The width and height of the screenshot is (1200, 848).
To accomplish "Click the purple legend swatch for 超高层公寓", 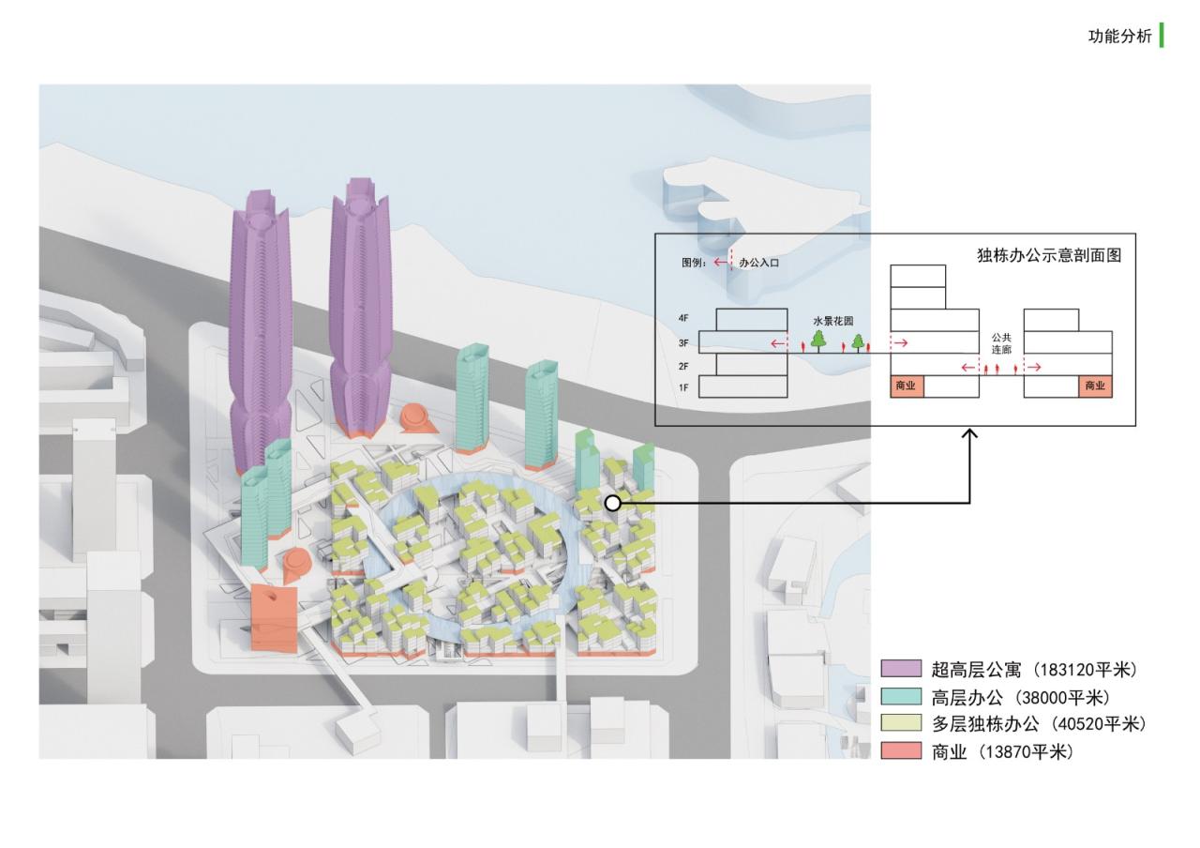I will [x=901, y=670].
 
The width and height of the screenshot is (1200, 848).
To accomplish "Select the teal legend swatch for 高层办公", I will [x=901, y=697].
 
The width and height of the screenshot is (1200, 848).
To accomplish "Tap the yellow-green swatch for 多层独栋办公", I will [x=901, y=724].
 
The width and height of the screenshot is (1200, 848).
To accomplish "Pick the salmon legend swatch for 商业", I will [x=901, y=751].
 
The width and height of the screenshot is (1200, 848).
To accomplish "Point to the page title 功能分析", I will [x=1119, y=38].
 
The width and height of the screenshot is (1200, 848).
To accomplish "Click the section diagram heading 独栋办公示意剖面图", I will [x=1049, y=255].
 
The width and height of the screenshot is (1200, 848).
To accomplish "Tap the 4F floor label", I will [x=683, y=319].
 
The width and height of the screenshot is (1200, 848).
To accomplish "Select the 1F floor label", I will [x=683, y=387].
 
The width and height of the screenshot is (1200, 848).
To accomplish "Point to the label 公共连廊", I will [x=1002, y=342].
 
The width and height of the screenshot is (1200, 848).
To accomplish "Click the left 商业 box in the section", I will [x=907, y=386].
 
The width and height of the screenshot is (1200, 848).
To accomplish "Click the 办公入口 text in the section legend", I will [x=758, y=264].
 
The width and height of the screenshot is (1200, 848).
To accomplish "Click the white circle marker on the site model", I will [x=612, y=504].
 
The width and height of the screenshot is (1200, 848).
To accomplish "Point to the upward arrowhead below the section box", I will [x=970, y=435].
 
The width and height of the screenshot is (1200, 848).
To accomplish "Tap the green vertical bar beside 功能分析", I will [x=1162, y=36].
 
